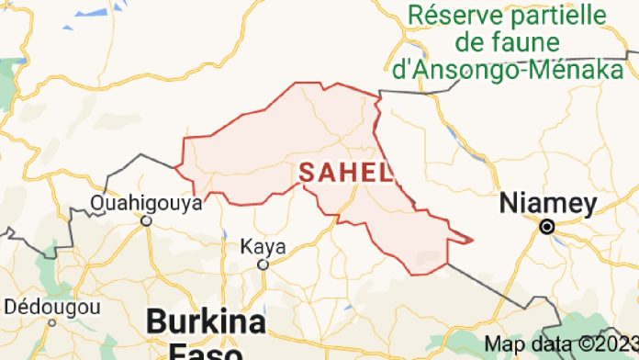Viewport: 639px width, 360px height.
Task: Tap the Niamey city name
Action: coord(548,204)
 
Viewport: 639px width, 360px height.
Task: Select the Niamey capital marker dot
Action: coord(548,226)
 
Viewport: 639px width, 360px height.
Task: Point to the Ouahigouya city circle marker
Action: coord(146,220)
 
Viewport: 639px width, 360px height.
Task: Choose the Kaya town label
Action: coord(263,246)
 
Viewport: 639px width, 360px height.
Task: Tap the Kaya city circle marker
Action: coord(262,264)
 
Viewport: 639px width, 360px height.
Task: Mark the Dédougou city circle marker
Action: coord(51,322)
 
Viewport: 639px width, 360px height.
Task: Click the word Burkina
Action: coord(207,322)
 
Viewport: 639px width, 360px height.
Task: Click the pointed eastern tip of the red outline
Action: coord(472,241)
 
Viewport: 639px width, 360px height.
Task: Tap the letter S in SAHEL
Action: coord(308,172)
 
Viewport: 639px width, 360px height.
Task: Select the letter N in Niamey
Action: coord(508,204)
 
